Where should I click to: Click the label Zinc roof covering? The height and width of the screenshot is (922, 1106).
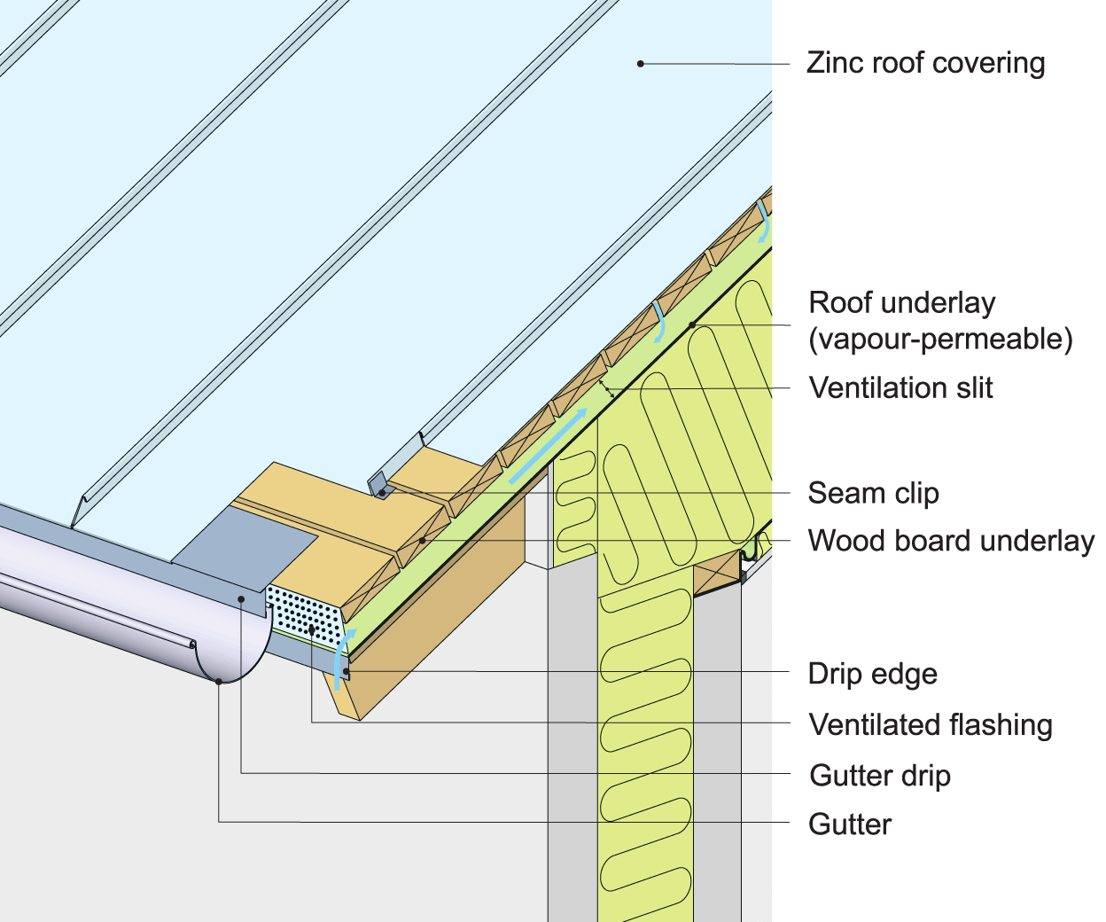click(x=925, y=64)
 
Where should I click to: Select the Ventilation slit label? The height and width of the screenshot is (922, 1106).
click(x=900, y=388)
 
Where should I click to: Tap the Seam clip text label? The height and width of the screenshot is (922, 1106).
click(x=873, y=493)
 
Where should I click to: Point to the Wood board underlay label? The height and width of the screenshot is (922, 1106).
click(x=951, y=541)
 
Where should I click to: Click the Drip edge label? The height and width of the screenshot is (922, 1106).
click(x=872, y=674)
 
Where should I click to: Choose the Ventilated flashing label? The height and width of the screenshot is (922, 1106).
click(x=931, y=725)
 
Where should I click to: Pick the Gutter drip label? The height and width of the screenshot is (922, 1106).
click(x=880, y=776)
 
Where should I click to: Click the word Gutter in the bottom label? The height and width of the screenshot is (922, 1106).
click(x=850, y=824)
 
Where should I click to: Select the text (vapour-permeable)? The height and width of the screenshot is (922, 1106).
click(x=940, y=340)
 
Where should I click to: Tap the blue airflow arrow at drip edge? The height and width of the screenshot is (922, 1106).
click(x=342, y=656)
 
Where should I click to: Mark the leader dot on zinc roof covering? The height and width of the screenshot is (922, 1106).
click(x=640, y=63)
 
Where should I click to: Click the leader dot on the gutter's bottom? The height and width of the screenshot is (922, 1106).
click(x=219, y=681)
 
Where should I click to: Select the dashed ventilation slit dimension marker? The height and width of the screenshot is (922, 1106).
click(x=606, y=387)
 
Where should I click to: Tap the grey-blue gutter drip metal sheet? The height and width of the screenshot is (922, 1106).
click(x=244, y=550)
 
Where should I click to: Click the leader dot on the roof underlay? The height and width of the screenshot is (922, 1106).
click(x=692, y=325)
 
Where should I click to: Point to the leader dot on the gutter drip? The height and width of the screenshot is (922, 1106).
click(x=241, y=600)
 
